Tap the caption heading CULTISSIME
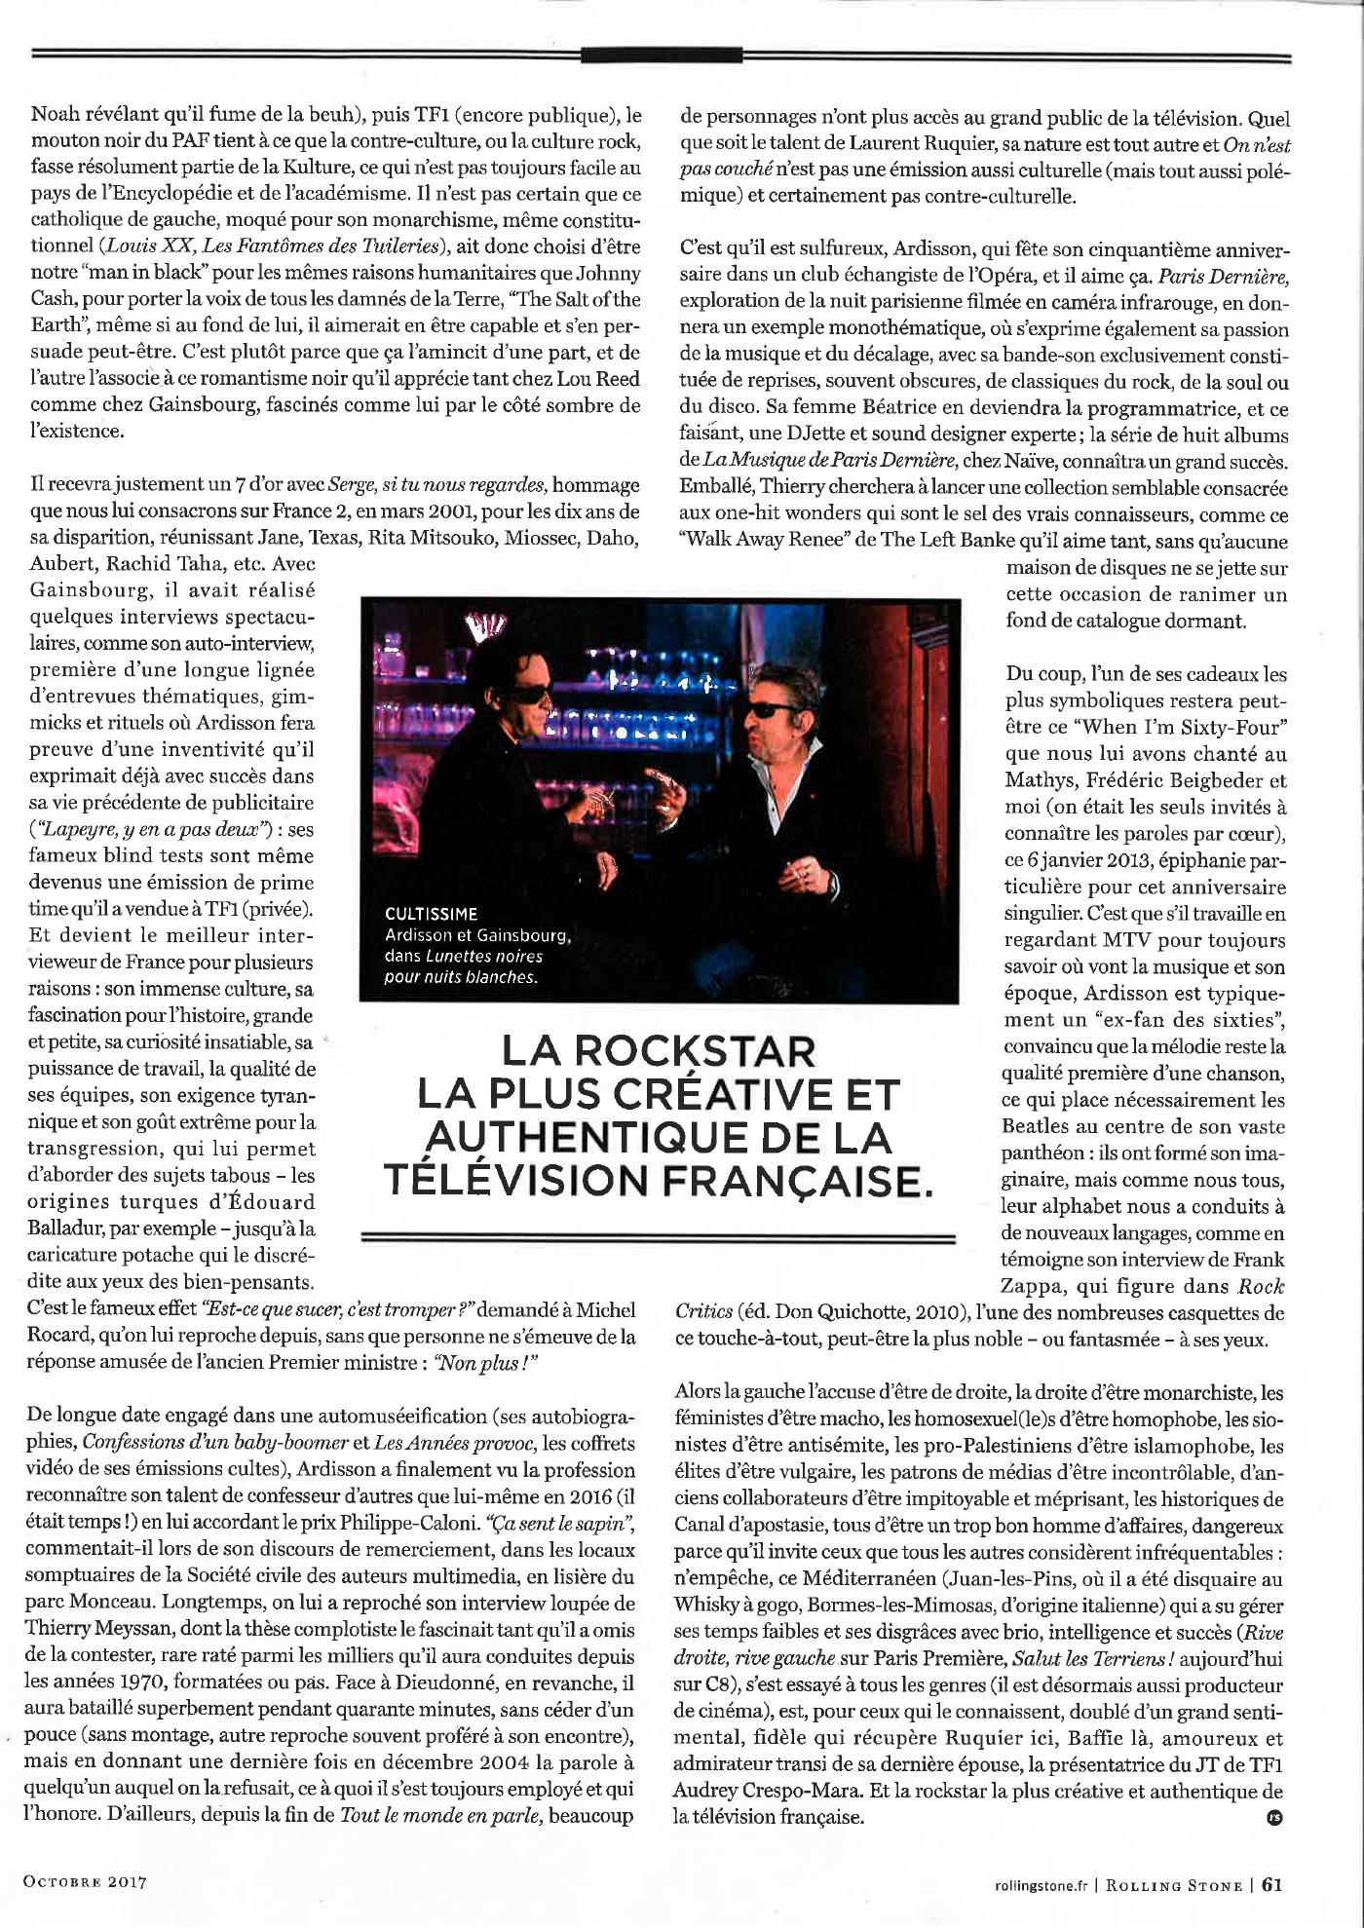(x=431, y=914)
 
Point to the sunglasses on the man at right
(x=771, y=711)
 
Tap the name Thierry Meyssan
(x=87, y=1629)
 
